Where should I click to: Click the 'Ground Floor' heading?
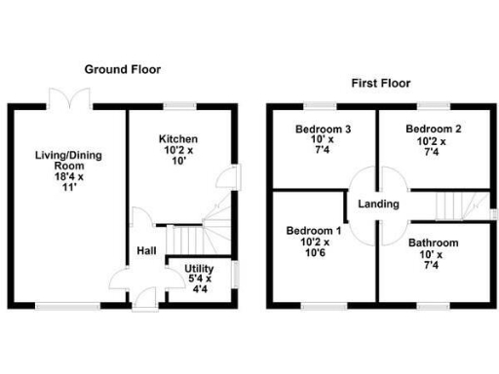tap(122, 69)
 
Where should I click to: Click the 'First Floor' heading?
tap(377, 84)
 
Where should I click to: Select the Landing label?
tap(377, 204)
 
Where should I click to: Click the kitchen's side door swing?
tap(226, 177)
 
